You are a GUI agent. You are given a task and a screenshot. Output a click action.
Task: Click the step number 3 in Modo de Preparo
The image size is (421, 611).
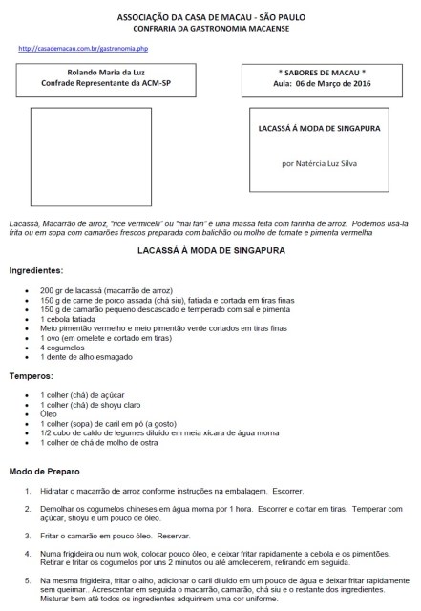tap(28, 536)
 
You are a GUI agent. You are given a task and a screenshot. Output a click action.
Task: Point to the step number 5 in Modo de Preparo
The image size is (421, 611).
tap(28, 579)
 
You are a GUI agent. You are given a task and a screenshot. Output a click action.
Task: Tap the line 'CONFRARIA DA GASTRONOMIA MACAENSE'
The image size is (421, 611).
tap(211, 29)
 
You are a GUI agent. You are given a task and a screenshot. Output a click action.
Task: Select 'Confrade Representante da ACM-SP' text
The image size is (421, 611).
tap(104, 83)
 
